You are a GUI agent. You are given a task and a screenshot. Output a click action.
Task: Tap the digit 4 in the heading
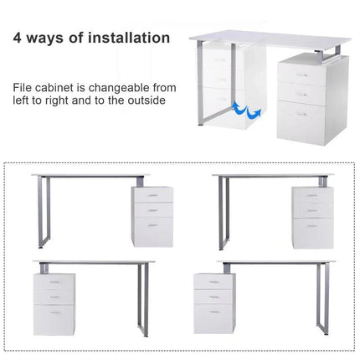(17, 38)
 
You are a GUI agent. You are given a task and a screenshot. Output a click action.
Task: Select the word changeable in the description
(119, 88)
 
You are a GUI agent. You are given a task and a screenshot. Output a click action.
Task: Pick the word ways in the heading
(45, 39)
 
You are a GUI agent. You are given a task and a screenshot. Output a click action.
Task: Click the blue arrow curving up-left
(239, 107)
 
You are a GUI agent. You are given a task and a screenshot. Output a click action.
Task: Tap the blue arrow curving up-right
(255, 114)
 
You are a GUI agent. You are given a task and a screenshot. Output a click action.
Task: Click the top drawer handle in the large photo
(301, 75)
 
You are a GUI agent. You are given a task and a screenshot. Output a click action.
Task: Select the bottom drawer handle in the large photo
(301, 114)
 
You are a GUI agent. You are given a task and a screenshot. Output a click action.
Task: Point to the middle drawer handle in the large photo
(301, 95)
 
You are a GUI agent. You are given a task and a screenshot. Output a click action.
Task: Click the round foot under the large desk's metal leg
(200, 125)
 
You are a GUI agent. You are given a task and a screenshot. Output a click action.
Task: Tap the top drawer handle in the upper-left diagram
(152, 195)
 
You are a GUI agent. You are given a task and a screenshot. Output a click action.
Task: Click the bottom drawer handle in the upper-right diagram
(312, 225)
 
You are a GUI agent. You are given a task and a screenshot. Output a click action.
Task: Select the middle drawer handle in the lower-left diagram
(54, 297)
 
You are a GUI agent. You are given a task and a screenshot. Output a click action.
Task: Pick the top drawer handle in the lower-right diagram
(213, 282)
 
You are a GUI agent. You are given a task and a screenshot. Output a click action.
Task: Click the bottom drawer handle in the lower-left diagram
(55, 312)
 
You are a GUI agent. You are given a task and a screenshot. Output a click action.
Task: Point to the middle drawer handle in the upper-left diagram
(152, 210)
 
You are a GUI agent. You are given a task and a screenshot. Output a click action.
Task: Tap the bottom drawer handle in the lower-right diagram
(214, 311)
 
